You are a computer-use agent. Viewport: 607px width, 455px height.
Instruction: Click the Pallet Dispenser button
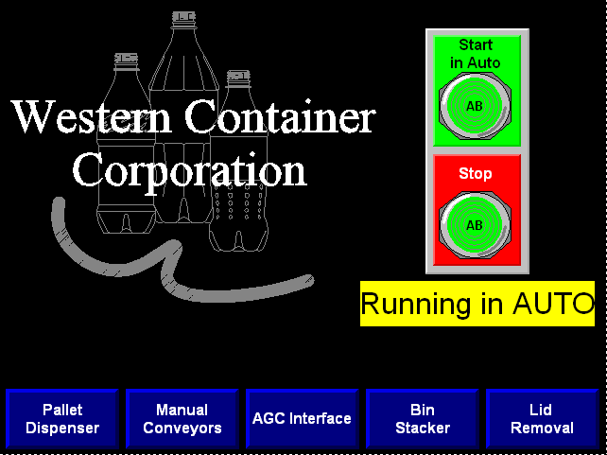(62, 419)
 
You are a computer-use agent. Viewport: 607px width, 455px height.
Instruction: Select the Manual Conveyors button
(182, 419)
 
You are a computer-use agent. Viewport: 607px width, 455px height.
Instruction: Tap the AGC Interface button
(302, 419)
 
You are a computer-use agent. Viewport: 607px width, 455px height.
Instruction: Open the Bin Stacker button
(422, 419)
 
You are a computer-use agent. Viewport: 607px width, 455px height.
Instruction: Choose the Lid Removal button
(542, 419)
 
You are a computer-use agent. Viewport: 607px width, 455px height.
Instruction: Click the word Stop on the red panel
(476, 174)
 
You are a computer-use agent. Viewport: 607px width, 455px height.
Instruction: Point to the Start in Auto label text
(476, 54)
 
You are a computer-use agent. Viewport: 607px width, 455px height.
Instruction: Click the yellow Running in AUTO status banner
(477, 304)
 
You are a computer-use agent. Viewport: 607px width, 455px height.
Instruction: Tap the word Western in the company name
(92, 117)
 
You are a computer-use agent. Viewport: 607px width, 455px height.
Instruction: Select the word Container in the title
(280, 117)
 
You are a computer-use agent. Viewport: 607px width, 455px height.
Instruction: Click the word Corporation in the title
(190, 170)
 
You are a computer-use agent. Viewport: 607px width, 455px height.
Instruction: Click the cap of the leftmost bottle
(126, 59)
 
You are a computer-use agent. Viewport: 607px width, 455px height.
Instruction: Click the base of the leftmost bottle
(126, 222)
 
